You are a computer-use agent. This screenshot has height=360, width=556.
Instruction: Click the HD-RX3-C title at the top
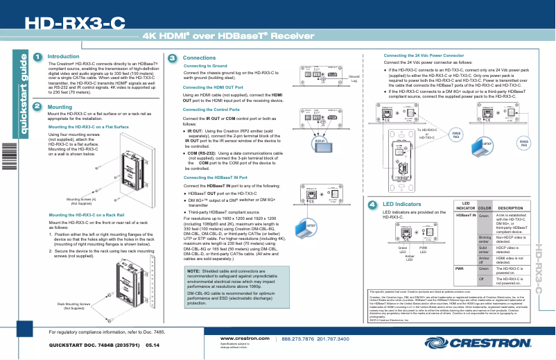(76, 23)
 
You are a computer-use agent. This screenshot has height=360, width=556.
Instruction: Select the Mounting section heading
(60, 108)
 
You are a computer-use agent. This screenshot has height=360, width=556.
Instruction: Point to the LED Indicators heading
(402, 205)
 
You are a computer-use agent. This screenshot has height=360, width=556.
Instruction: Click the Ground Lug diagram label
(353, 78)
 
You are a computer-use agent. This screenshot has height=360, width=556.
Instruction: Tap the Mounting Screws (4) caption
(81, 201)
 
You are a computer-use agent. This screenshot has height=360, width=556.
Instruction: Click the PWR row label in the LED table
(459, 268)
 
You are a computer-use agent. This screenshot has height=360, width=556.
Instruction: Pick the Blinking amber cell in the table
(485, 239)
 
